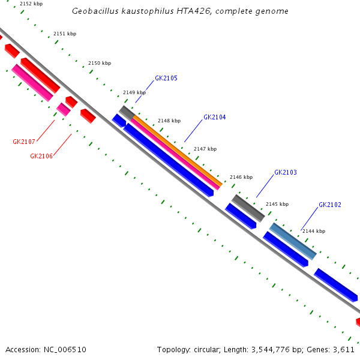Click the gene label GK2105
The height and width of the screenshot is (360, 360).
tap(166, 79)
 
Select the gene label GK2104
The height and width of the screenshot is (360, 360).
tap(215, 118)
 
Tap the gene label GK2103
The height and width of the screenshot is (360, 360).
tap(286, 173)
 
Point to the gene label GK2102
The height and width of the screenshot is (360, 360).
tap(330, 205)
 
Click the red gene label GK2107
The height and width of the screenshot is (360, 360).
tap(24, 142)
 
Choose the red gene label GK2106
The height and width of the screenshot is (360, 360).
tap(41, 157)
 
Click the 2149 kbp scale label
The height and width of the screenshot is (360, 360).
tap(134, 93)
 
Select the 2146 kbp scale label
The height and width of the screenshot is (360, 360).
tap(241, 178)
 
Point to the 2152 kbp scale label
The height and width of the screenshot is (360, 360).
tap(31, 4)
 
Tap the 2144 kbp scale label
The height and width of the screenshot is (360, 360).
tap(314, 231)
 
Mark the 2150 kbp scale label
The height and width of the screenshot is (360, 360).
tap(100, 63)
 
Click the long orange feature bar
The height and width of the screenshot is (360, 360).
tap(177, 151)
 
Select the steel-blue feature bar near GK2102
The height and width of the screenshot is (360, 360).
tap(293, 241)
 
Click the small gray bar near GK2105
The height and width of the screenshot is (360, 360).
tap(126, 112)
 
